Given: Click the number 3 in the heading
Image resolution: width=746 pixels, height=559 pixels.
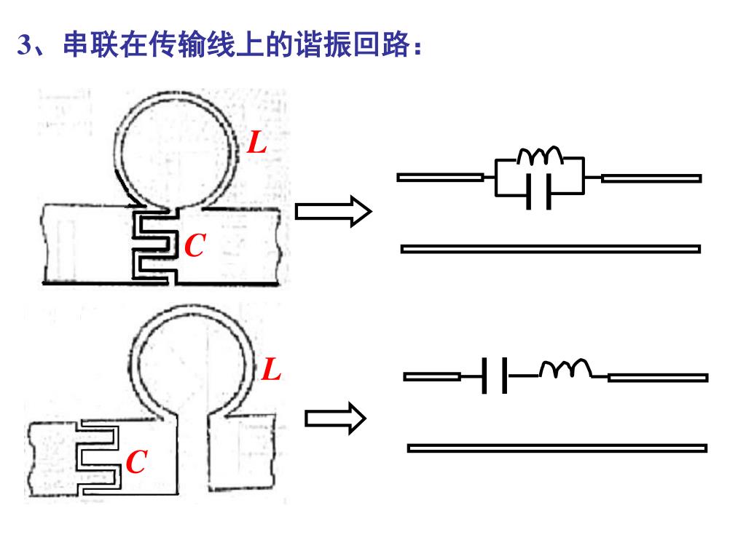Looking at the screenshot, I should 24,46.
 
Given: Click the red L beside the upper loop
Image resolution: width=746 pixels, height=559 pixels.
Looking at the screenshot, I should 257,143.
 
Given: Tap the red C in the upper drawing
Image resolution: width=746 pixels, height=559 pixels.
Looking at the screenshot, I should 194,247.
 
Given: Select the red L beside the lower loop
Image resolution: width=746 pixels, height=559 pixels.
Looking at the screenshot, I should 271,371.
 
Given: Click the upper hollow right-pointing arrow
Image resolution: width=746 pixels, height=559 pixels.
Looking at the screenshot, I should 333,212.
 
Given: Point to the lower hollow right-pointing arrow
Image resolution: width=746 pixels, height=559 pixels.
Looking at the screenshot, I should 334,419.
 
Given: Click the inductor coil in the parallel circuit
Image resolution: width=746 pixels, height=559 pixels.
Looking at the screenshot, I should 540,156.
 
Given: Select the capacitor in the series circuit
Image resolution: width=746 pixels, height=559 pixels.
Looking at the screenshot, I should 495,376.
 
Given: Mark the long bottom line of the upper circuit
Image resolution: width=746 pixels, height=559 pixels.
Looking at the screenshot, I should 551,249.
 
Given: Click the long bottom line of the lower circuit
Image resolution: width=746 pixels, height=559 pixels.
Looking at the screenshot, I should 557,448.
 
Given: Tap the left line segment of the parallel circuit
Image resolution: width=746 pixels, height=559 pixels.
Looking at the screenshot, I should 440,177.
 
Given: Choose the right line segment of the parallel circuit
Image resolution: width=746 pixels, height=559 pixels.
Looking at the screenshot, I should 651,178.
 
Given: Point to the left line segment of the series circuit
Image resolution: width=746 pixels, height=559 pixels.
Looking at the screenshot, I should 432,377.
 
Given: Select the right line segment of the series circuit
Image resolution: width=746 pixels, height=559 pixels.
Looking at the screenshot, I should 658,377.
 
